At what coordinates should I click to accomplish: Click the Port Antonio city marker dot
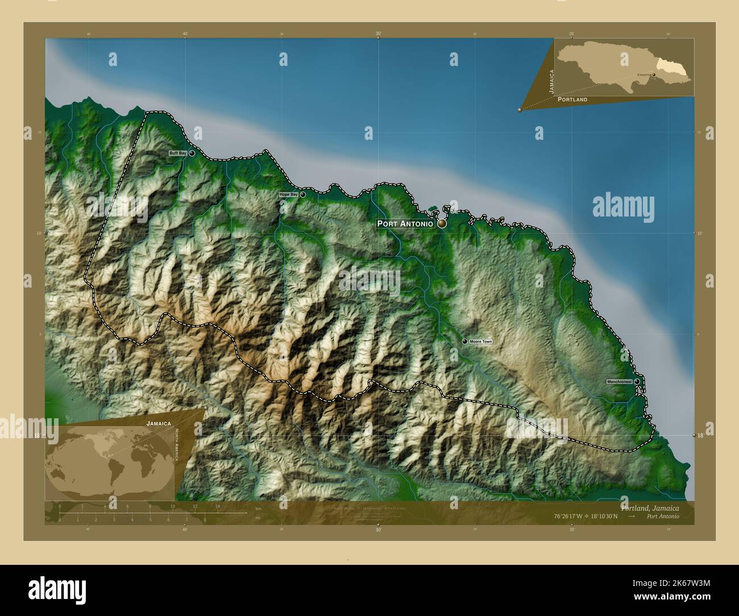(442, 224)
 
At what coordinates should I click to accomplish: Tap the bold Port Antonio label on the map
(405, 224)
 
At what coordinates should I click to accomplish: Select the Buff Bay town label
(177, 153)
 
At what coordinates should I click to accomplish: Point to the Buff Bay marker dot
(192, 153)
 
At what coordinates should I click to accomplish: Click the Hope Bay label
(288, 194)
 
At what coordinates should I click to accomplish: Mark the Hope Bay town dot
(302, 194)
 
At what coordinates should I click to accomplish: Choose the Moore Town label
(481, 342)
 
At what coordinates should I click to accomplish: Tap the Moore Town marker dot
(465, 341)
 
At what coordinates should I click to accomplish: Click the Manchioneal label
(619, 381)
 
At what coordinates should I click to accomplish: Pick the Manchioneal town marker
(637, 381)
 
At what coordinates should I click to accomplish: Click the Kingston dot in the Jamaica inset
(654, 74)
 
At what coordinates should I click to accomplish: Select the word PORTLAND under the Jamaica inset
(572, 99)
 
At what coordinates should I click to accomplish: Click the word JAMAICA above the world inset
(159, 423)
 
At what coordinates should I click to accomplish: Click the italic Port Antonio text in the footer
(662, 517)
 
